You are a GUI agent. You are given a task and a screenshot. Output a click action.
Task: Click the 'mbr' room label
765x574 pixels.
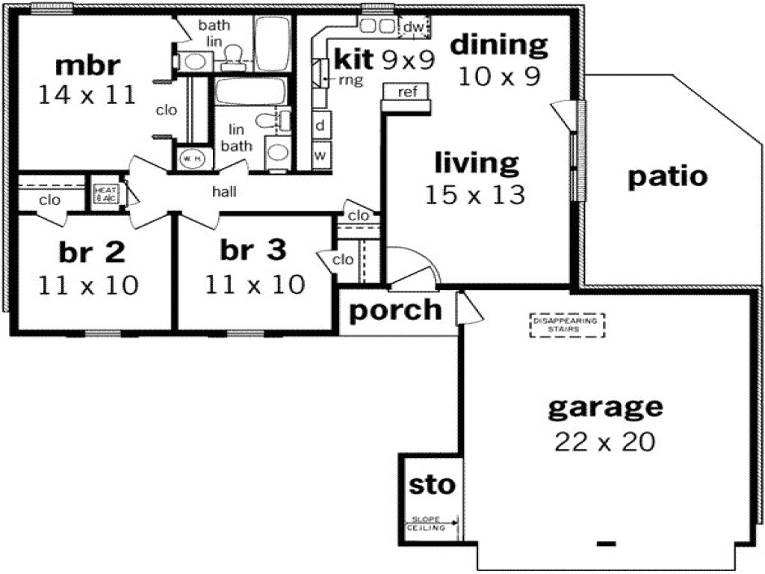click(x=87, y=65)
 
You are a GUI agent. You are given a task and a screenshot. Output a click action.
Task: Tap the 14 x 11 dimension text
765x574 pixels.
click(x=87, y=94)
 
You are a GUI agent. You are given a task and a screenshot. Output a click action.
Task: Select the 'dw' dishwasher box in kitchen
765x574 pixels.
click(x=413, y=28)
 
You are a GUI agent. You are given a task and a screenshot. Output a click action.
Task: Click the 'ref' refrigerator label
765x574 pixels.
click(x=407, y=92)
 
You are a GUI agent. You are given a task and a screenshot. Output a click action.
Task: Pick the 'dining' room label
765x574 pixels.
click(x=498, y=45)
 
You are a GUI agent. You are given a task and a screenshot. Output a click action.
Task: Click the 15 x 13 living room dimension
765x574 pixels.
click(x=475, y=194)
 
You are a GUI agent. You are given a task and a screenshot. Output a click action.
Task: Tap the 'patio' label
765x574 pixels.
click(x=667, y=176)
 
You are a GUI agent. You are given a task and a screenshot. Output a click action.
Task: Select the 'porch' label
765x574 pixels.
click(x=395, y=309)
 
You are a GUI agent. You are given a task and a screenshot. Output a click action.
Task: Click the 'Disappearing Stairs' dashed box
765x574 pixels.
click(x=567, y=324)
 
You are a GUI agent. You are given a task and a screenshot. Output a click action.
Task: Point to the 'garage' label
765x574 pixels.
click(x=605, y=407)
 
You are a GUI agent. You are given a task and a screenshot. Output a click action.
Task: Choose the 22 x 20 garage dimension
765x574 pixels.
click(x=605, y=442)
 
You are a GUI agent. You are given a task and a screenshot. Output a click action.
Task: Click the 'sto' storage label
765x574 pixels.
click(x=431, y=484)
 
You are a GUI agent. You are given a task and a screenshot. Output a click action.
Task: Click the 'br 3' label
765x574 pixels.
click(x=253, y=250)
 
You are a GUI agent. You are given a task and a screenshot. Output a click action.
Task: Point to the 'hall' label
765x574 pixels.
click(x=224, y=192)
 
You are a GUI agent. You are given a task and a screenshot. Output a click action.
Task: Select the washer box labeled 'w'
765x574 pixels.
click(x=320, y=155)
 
